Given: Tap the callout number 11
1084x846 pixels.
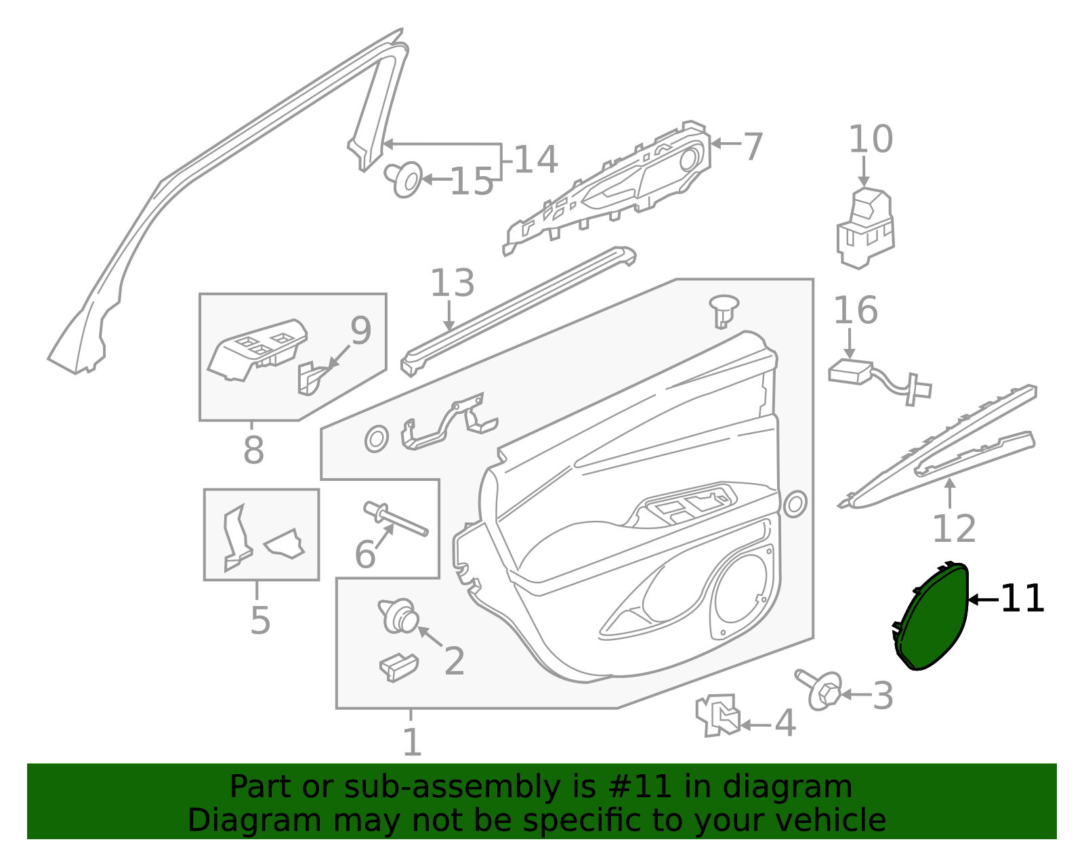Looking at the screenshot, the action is point(1022,599).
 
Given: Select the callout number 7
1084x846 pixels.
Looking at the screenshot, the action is point(753,147).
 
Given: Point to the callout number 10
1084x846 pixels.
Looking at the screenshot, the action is point(871,140).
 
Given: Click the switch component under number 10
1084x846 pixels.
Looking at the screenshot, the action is point(865,229).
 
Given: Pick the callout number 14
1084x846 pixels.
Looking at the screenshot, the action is point(535,160).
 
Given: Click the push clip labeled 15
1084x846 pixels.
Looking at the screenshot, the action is point(404,179).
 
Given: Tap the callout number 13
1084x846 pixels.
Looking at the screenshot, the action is point(452,283).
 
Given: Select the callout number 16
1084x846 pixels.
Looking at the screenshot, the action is point(856,311).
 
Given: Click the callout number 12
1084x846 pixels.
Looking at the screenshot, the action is point(954,528).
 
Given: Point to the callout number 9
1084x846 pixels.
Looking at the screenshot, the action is point(360,331).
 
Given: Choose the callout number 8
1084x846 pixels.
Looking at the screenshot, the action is point(253,450).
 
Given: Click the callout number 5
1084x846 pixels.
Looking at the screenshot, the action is point(260,621).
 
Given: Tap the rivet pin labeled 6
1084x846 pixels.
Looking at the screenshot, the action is point(396,519).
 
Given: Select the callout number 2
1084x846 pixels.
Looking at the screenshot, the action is point(454,661).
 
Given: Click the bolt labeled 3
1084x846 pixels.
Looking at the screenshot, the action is point(818,690).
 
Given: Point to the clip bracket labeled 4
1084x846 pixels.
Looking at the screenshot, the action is point(718,716).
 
